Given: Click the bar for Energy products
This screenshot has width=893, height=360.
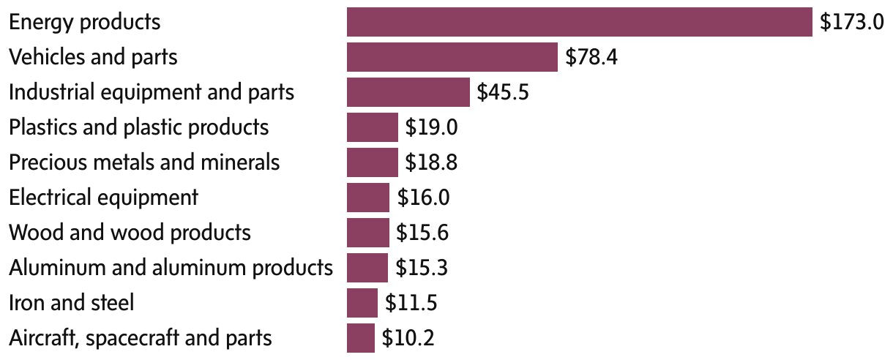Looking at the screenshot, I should click(x=579, y=22).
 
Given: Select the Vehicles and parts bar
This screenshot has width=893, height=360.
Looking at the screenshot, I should click(x=452, y=57).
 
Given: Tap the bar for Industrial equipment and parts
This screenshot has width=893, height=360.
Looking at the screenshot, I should click(x=408, y=92).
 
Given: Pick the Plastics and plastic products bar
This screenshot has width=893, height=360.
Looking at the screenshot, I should click(x=372, y=127).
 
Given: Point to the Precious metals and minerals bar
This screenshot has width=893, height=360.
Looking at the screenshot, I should click(x=372, y=162).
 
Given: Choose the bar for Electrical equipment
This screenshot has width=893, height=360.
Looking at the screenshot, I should click(x=367, y=198).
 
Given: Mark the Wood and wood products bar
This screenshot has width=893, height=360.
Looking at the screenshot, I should click(x=367, y=233).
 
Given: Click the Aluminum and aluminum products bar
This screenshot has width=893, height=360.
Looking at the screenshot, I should click(x=367, y=268).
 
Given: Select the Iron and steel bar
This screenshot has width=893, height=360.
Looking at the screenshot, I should click(x=362, y=303).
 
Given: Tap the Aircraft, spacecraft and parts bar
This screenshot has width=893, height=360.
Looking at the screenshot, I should click(x=360, y=338).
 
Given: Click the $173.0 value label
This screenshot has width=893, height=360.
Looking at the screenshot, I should click(x=852, y=22).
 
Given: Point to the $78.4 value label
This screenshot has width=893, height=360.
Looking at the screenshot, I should click(x=591, y=57).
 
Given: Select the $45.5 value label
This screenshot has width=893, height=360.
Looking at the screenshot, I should click(x=503, y=92).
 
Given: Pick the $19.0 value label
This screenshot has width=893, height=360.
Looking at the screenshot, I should click(x=432, y=127).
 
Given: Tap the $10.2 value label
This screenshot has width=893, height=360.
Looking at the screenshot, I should click(x=408, y=338).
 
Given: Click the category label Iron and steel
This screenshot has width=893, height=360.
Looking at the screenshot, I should click(x=71, y=303).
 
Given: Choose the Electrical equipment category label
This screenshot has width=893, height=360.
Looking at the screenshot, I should click(x=103, y=198).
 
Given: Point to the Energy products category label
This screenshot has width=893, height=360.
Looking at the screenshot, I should click(x=84, y=22).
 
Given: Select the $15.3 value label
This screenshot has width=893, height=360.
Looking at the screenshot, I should click(x=422, y=268).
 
